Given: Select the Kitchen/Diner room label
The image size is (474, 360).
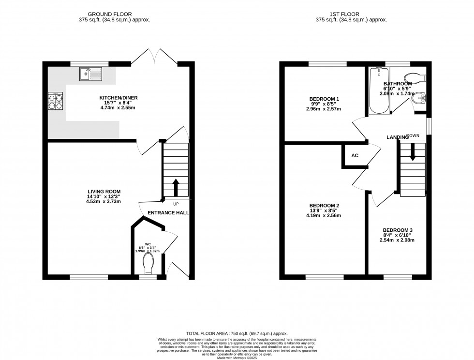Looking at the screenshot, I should tap(118, 98).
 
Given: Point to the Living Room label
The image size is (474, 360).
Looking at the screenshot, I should tap(104, 191).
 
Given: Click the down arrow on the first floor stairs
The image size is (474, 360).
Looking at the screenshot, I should tap(413, 152).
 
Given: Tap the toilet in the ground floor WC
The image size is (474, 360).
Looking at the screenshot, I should tap(148, 264).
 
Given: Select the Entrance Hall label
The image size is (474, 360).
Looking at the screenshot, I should tap(168, 213).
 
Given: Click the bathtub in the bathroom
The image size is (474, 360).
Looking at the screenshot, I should tap(379, 91).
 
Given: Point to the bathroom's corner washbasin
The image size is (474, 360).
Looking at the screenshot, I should tap(419, 98).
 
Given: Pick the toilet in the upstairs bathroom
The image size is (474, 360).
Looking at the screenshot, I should tap(413, 77).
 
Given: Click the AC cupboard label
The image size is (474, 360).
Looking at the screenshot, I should tap(355, 156).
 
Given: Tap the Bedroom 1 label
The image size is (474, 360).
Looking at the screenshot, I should tap(324, 99).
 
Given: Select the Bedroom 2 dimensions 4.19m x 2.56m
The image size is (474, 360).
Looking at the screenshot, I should tap(324, 216).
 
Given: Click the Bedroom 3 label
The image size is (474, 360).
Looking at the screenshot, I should tap(398, 230).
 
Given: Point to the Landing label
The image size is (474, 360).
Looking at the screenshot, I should tap(398, 138).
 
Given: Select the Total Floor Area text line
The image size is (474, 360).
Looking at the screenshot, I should tap(237, 333).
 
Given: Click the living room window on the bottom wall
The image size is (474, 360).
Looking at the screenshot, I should tap(89, 277).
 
